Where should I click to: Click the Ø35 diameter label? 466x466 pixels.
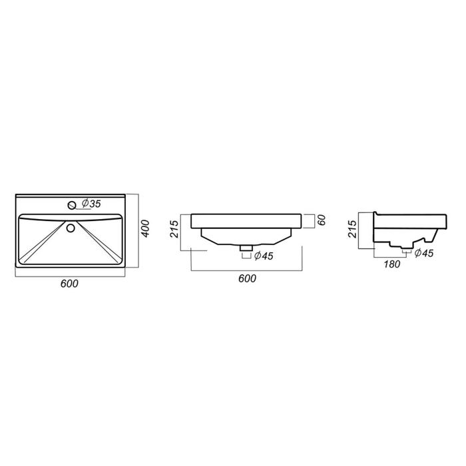coord(91,204)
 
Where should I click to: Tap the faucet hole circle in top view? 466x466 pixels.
coord(72,205)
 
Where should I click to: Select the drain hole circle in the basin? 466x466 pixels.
coord(71,228)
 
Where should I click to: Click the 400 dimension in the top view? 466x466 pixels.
coord(145,228)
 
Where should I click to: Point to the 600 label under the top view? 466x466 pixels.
coord(69,284)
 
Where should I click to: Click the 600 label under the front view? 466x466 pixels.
coord(247,278)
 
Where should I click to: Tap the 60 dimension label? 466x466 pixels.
coord(322,220)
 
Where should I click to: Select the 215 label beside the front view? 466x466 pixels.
coord(174,229)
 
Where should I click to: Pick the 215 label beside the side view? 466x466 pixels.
coord(352,228)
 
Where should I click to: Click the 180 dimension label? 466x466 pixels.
coord(392,264)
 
